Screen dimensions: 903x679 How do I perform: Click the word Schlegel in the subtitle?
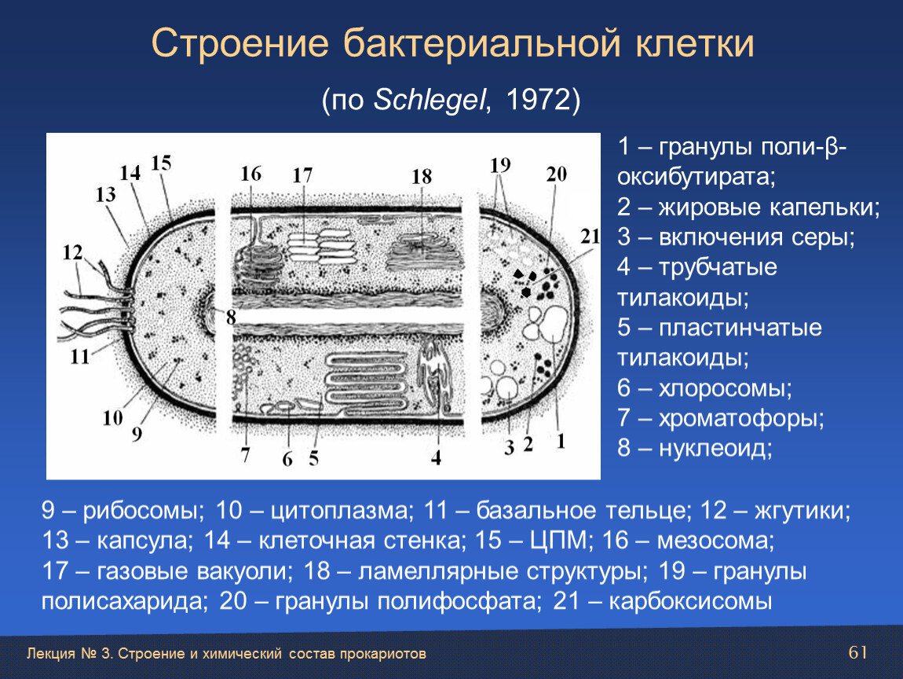[x=430, y=101]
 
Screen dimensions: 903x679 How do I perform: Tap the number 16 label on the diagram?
[x=251, y=174]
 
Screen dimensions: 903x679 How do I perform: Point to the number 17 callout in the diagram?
[x=302, y=175]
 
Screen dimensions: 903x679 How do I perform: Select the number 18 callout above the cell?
[x=422, y=176]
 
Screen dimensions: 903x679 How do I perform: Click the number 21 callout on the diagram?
[x=590, y=237]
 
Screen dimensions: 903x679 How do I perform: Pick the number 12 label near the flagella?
[x=72, y=252]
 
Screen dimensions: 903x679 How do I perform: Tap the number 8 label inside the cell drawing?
[x=231, y=317]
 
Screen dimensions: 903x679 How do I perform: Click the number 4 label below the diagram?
[x=436, y=457]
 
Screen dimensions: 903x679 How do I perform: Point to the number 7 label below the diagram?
[x=245, y=455]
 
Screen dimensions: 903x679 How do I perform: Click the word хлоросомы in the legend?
[x=725, y=388]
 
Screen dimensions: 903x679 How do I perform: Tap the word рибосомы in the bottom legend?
[x=144, y=511]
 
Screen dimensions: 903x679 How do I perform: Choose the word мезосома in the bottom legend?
[x=715, y=541]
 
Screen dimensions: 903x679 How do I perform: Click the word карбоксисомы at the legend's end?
[x=690, y=601]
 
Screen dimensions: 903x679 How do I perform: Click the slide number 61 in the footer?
[x=858, y=652]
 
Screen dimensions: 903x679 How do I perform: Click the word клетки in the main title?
[x=695, y=44]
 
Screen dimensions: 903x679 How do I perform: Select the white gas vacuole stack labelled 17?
[x=320, y=247]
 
